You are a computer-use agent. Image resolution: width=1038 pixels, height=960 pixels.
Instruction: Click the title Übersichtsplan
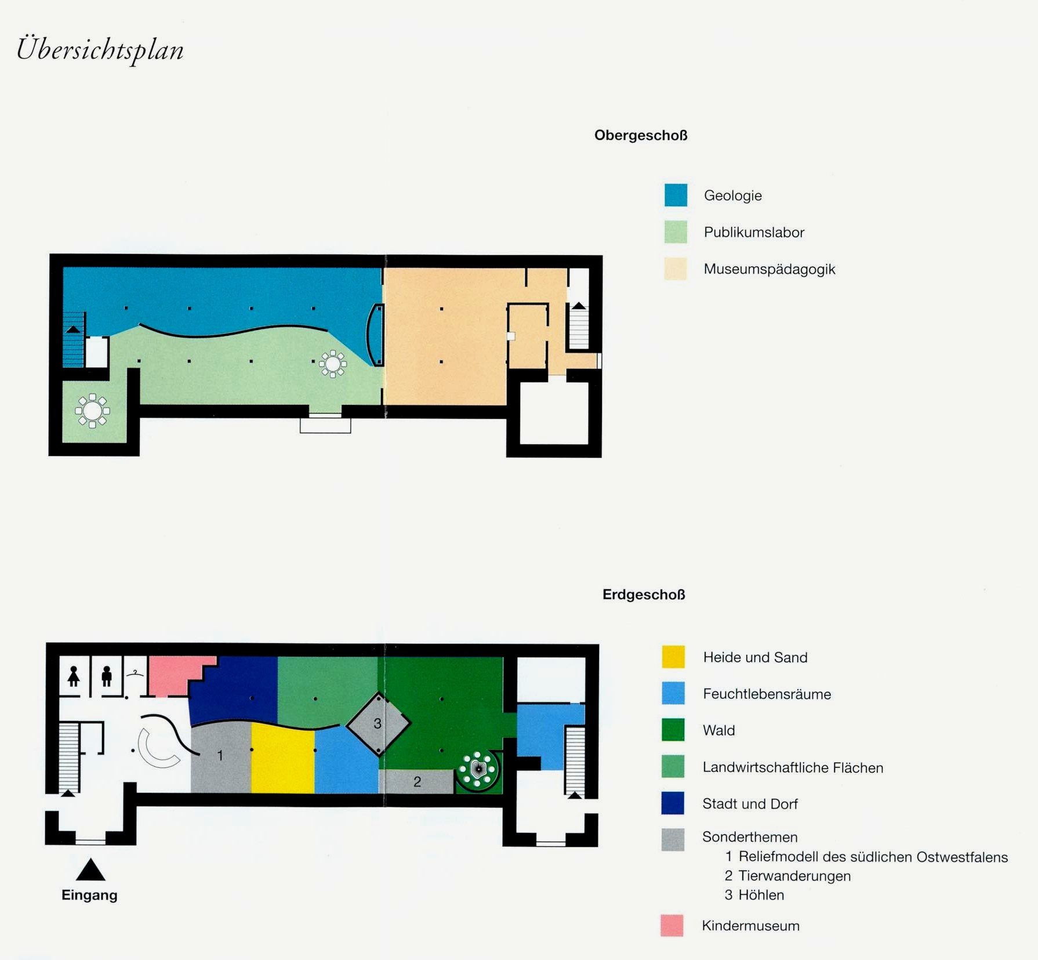100,50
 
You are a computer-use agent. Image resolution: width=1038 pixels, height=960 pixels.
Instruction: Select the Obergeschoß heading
641,136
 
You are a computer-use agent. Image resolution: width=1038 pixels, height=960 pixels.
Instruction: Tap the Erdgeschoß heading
644,595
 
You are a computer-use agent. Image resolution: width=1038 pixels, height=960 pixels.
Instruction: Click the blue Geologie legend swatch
676,195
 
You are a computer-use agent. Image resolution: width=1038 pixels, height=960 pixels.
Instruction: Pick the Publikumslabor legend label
754,232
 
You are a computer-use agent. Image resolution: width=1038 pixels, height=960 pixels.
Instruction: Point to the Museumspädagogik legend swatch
676,269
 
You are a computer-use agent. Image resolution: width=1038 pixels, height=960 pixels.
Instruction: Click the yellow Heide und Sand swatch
673,657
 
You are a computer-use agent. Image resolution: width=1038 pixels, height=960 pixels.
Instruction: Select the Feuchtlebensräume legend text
767,694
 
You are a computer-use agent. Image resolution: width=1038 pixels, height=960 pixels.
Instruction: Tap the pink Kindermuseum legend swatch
672,925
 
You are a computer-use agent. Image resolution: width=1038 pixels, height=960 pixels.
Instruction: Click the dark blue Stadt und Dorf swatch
673,803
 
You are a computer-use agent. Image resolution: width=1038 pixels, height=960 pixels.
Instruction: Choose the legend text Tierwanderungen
794,876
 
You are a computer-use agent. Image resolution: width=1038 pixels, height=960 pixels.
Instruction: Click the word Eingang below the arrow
89,895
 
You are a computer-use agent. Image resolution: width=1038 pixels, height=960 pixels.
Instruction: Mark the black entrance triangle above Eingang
90,870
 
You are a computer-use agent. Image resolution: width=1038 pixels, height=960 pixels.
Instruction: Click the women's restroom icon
74,676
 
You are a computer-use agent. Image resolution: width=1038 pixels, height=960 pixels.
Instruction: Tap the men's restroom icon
107,676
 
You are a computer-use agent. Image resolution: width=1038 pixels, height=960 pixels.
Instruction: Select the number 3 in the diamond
378,723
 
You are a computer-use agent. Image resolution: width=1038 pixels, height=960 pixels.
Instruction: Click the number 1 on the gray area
220,755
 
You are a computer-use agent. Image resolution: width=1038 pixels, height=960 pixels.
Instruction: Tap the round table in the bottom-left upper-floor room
92,411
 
